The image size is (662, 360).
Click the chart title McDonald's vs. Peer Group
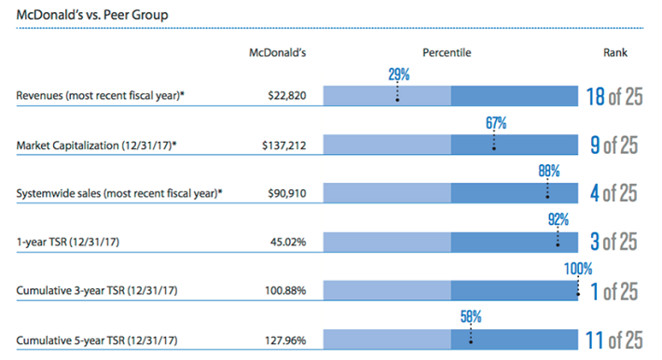(85, 16)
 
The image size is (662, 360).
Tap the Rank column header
(614, 53)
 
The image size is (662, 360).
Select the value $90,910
(285, 193)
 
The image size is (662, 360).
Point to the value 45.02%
(286, 242)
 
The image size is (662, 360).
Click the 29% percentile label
(398, 73)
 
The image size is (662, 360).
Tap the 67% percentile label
(495, 122)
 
